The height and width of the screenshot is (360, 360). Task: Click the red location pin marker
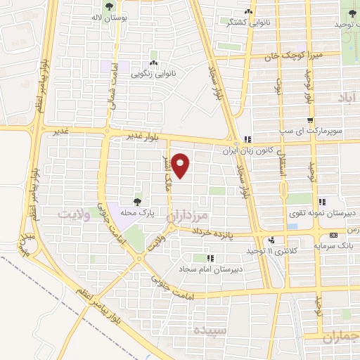[x=181, y=165]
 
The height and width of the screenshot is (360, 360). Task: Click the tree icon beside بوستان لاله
[x=109, y=6]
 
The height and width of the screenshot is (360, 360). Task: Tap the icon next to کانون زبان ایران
[x=247, y=139]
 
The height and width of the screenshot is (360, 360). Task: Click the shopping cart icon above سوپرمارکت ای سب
[x=309, y=120]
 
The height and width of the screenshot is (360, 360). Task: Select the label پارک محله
[x=137, y=213]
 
